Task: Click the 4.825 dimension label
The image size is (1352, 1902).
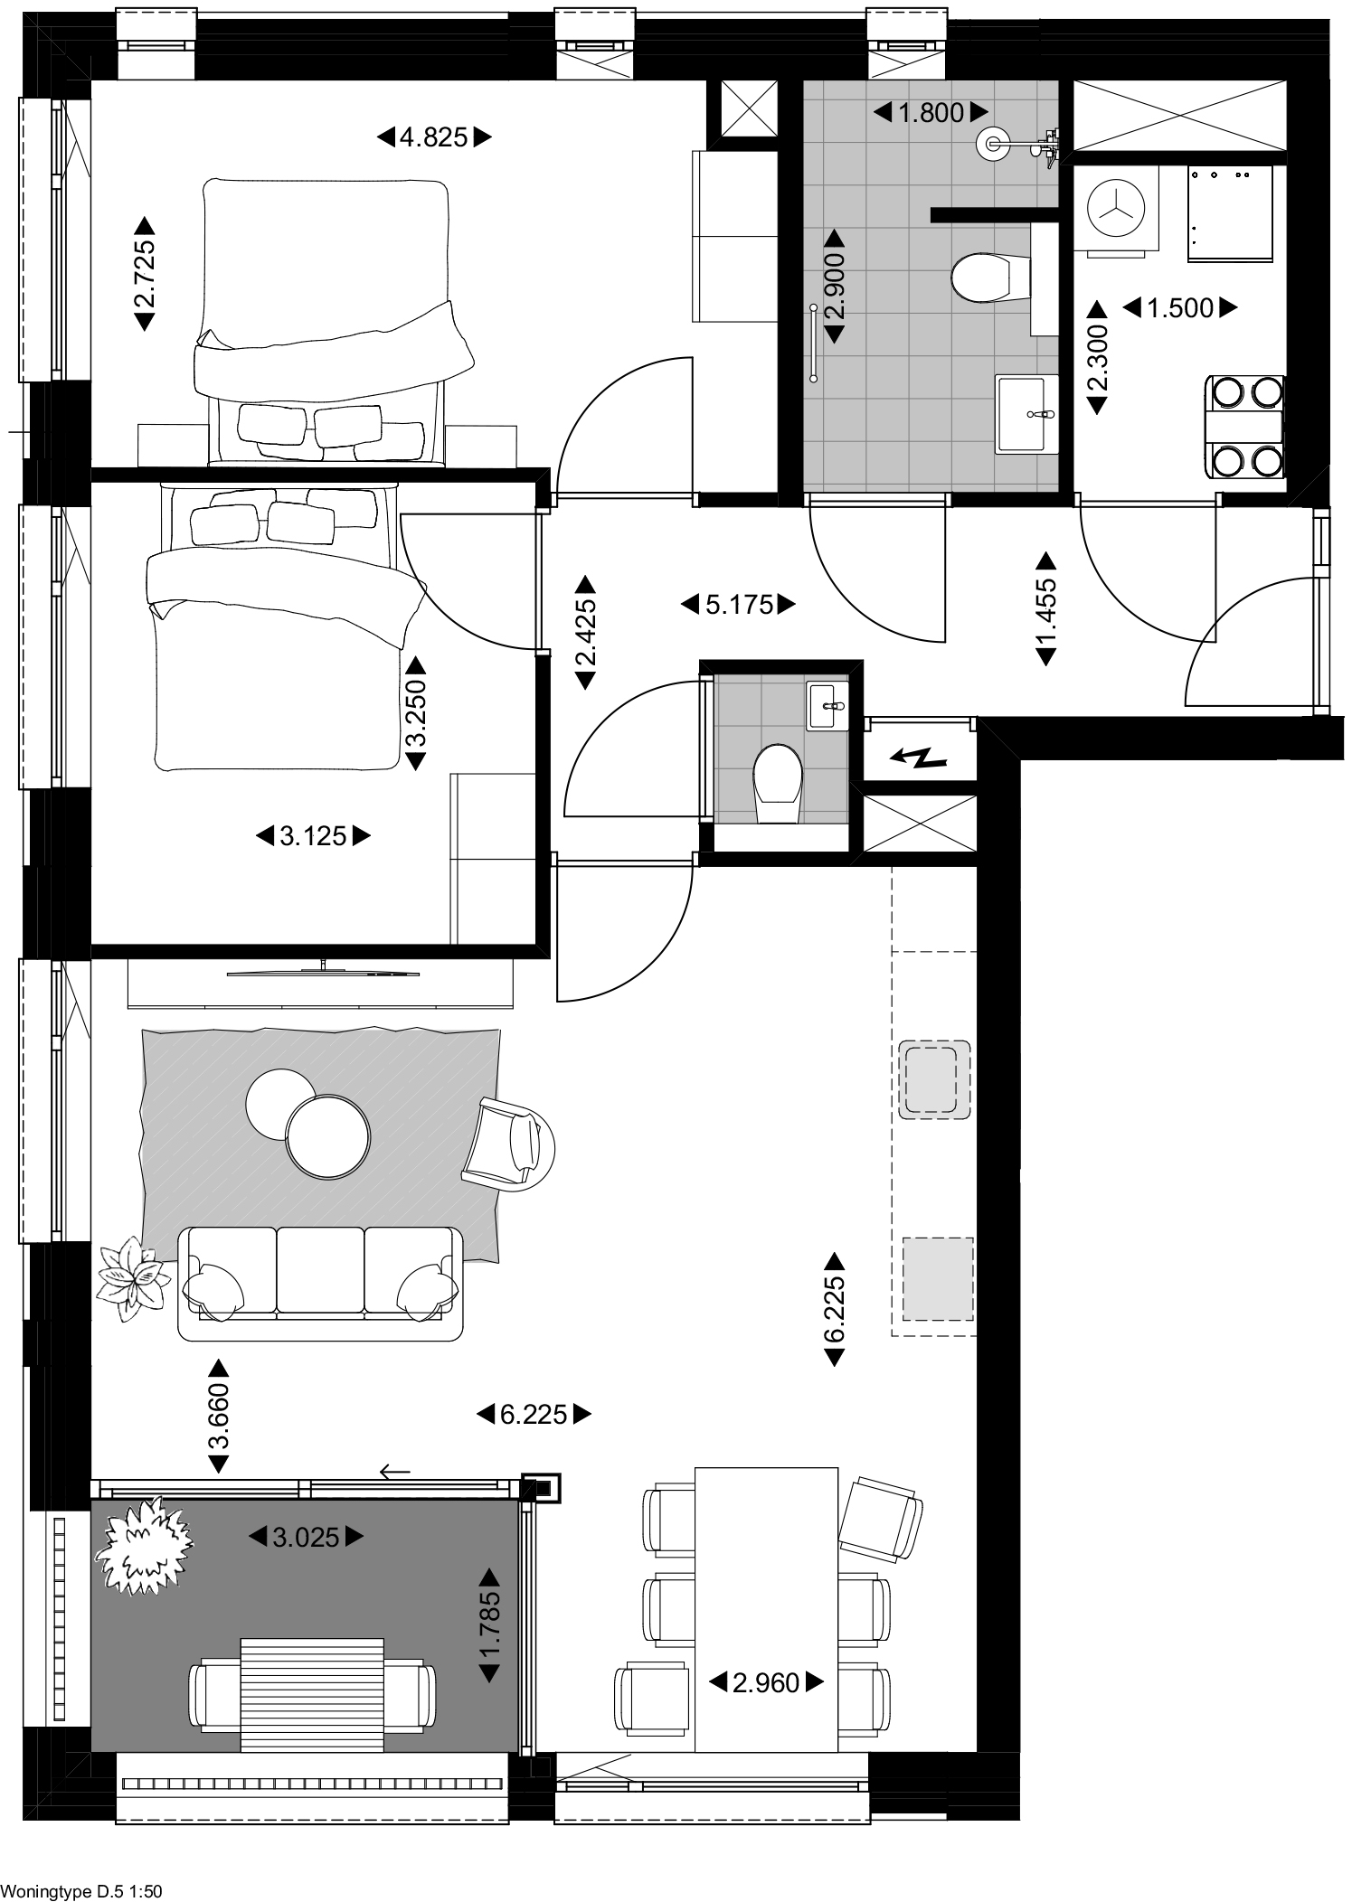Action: [x=434, y=137]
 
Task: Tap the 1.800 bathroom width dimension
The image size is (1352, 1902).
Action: [x=931, y=113]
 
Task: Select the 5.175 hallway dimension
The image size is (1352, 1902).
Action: [x=739, y=605]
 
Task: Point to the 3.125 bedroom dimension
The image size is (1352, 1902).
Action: [x=314, y=836]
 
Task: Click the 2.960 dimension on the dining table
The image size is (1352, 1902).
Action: [x=767, y=1682]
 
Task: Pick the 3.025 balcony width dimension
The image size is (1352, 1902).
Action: [x=307, y=1536]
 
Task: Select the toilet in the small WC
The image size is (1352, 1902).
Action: [x=777, y=783]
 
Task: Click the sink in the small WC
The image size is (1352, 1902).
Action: [x=827, y=705]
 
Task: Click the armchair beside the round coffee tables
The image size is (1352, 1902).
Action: [x=508, y=1143]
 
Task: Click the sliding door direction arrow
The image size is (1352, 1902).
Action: [x=395, y=1473]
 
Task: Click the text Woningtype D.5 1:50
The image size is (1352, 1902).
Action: [x=81, y=1884]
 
